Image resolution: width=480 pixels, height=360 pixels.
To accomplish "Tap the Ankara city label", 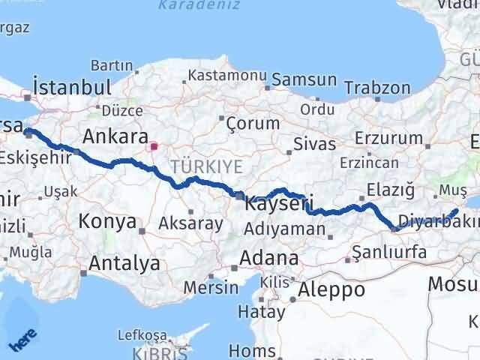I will [x=114, y=136].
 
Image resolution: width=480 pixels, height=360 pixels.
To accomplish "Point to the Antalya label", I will [x=124, y=263].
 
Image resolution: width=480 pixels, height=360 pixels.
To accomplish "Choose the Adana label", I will [x=268, y=259].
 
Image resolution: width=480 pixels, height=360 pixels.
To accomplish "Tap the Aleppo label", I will [x=331, y=289].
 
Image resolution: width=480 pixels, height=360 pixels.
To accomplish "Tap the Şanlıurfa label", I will [x=389, y=252].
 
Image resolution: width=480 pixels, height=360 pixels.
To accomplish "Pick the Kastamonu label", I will [x=227, y=76].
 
